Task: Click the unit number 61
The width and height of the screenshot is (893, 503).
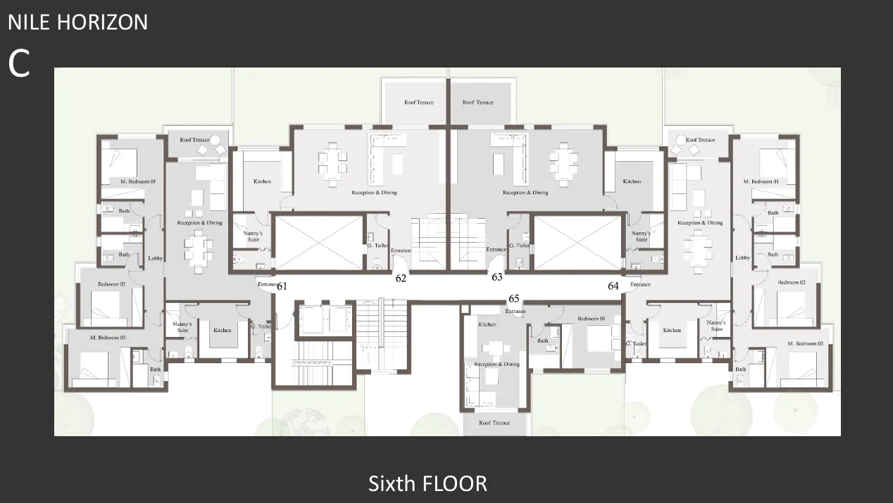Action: tap(282, 286)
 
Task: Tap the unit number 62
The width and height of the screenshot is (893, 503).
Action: tap(401, 278)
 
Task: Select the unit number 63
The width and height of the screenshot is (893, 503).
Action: tap(497, 277)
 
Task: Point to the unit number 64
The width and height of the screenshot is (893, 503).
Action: tap(613, 286)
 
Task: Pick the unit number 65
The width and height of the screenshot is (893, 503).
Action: tap(513, 298)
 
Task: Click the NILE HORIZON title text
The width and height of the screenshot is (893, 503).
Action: tap(77, 22)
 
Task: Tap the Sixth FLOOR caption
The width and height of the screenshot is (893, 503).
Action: tap(427, 483)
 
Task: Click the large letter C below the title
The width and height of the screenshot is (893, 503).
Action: tap(19, 64)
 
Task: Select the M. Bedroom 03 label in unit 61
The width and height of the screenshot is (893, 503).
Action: tap(108, 338)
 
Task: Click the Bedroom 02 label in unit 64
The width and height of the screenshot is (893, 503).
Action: tap(792, 282)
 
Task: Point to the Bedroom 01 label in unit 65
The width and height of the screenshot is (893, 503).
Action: tap(592, 319)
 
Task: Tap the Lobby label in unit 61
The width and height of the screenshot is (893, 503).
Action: tap(156, 258)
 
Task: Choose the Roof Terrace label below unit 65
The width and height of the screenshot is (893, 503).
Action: tap(494, 423)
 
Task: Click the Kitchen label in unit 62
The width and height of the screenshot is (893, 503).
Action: tap(262, 182)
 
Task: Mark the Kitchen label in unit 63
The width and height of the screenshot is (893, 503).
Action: tap(632, 182)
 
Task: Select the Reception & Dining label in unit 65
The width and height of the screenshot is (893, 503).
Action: tap(497, 364)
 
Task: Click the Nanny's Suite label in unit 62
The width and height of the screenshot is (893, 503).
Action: tap(253, 236)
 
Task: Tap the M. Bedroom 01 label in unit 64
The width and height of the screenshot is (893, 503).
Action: tap(761, 182)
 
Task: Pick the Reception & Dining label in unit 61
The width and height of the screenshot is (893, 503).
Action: tap(199, 223)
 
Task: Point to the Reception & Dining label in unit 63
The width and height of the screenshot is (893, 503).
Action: tap(525, 192)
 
